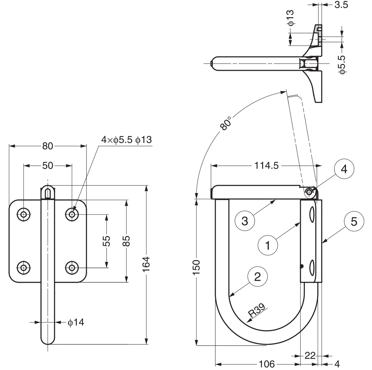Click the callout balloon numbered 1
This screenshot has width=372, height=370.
point(268,245)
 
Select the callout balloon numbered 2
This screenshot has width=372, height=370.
point(257,277)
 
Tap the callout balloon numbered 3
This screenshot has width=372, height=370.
point(245,221)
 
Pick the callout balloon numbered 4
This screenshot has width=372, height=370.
point(344,169)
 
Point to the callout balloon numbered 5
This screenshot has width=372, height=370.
point(354,221)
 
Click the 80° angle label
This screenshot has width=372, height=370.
point(226,123)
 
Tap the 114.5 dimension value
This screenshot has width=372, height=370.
point(266,166)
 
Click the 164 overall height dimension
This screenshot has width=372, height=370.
point(146,264)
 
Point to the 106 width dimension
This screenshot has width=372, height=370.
point(266,364)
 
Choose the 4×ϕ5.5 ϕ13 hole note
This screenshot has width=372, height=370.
point(126,140)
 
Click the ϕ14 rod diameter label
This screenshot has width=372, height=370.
point(76,322)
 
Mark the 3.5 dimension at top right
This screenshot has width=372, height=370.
point(341,5)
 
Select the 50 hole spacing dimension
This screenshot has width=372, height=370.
point(48,166)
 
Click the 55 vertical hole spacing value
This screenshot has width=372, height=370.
point(107,241)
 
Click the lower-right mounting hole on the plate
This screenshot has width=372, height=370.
point(72,268)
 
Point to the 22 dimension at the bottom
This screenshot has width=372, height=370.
point(310,356)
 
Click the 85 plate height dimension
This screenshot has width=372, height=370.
point(126,241)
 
